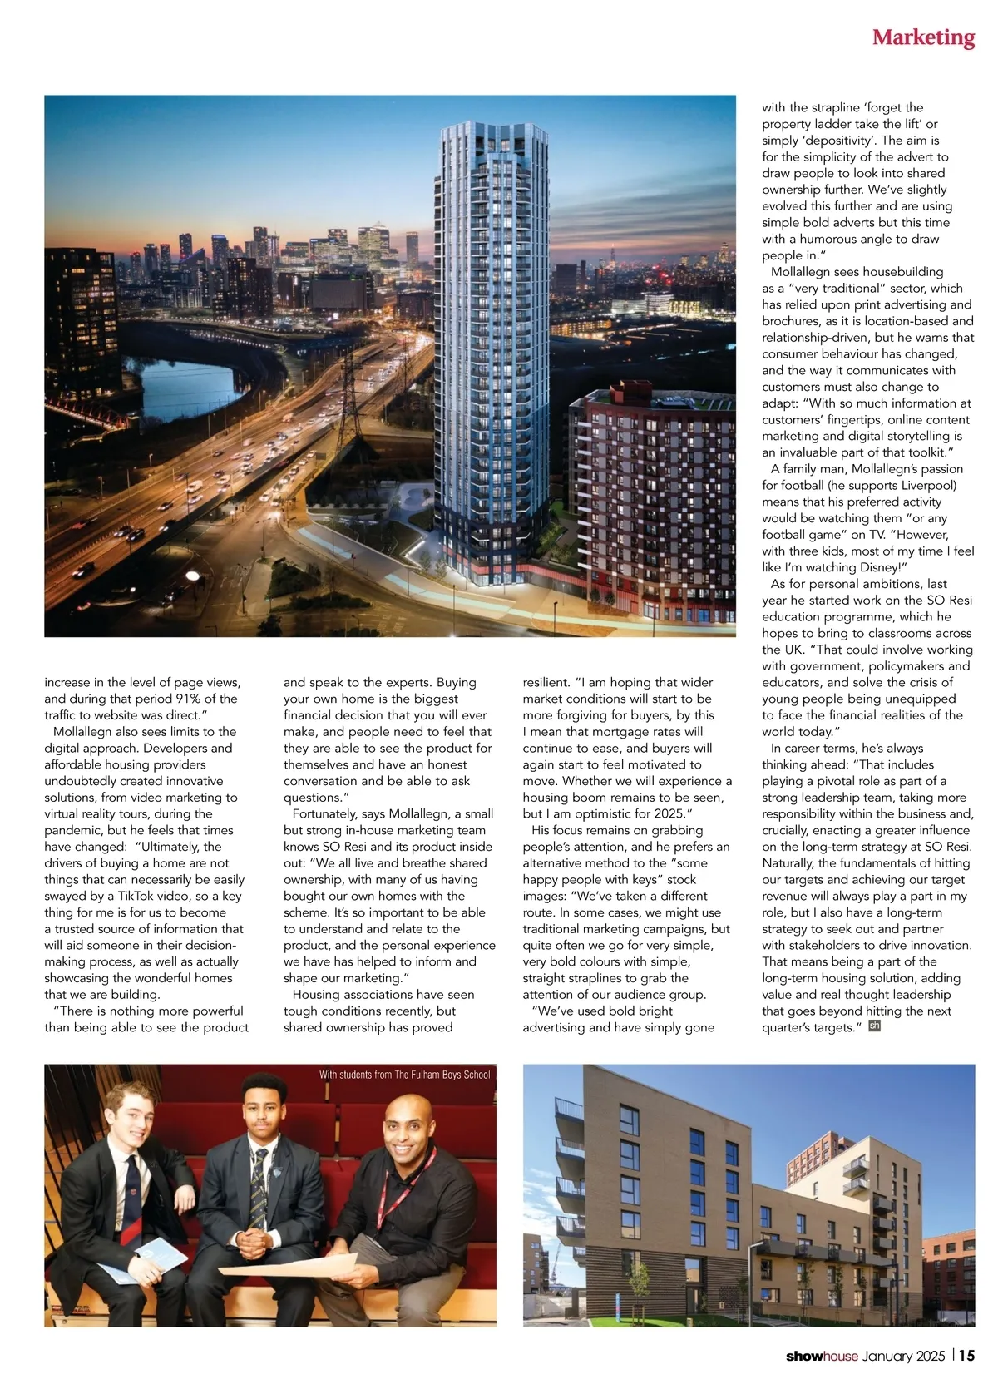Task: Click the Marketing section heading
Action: (x=923, y=37)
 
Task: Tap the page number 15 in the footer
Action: (x=966, y=1355)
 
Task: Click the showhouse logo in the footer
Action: (x=822, y=1356)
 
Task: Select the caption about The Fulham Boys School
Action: (x=404, y=1075)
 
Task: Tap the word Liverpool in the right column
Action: (x=927, y=485)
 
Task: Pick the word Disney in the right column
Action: (x=876, y=567)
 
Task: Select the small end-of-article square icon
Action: (x=874, y=1026)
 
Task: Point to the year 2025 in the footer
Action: (x=929, y=1356)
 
